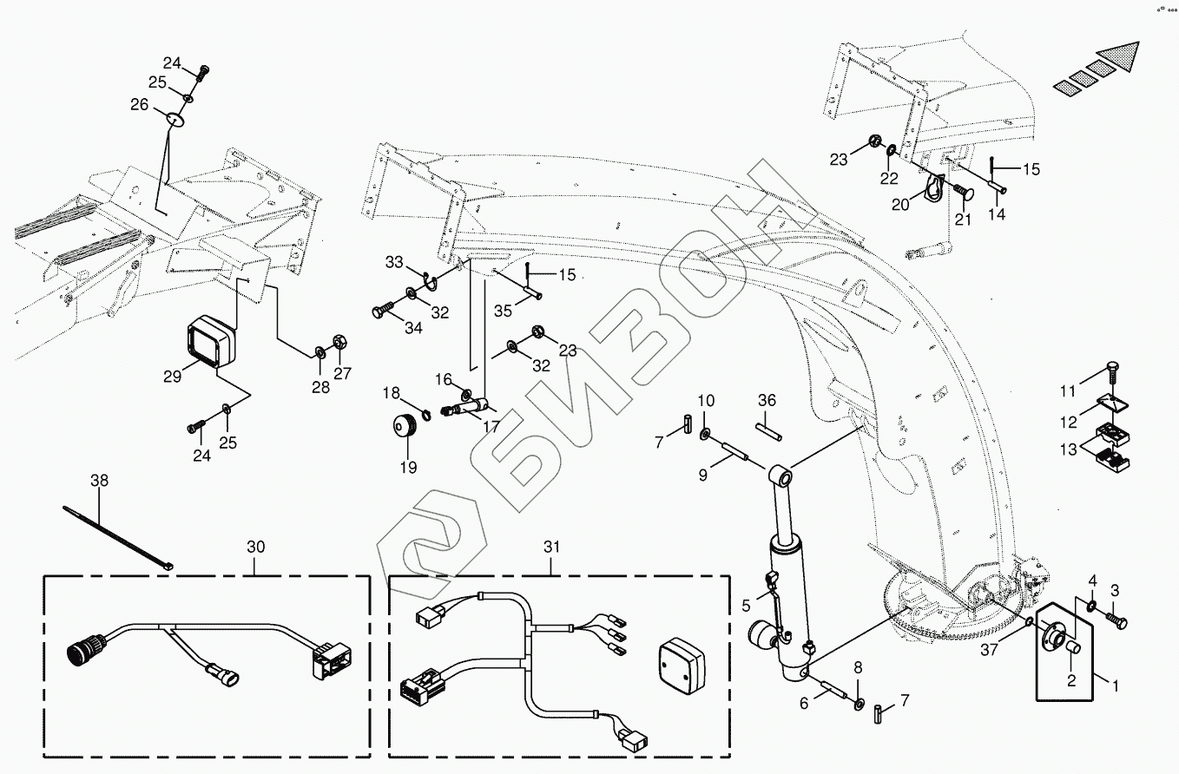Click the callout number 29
tap(171, 376)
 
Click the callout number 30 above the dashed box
tap(255, 547)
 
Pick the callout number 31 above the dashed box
tap(553, 547)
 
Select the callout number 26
tap(139, 105)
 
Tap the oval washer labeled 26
tap(175, 116)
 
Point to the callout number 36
tap(767, 400)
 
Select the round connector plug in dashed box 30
tap(84, 654)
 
